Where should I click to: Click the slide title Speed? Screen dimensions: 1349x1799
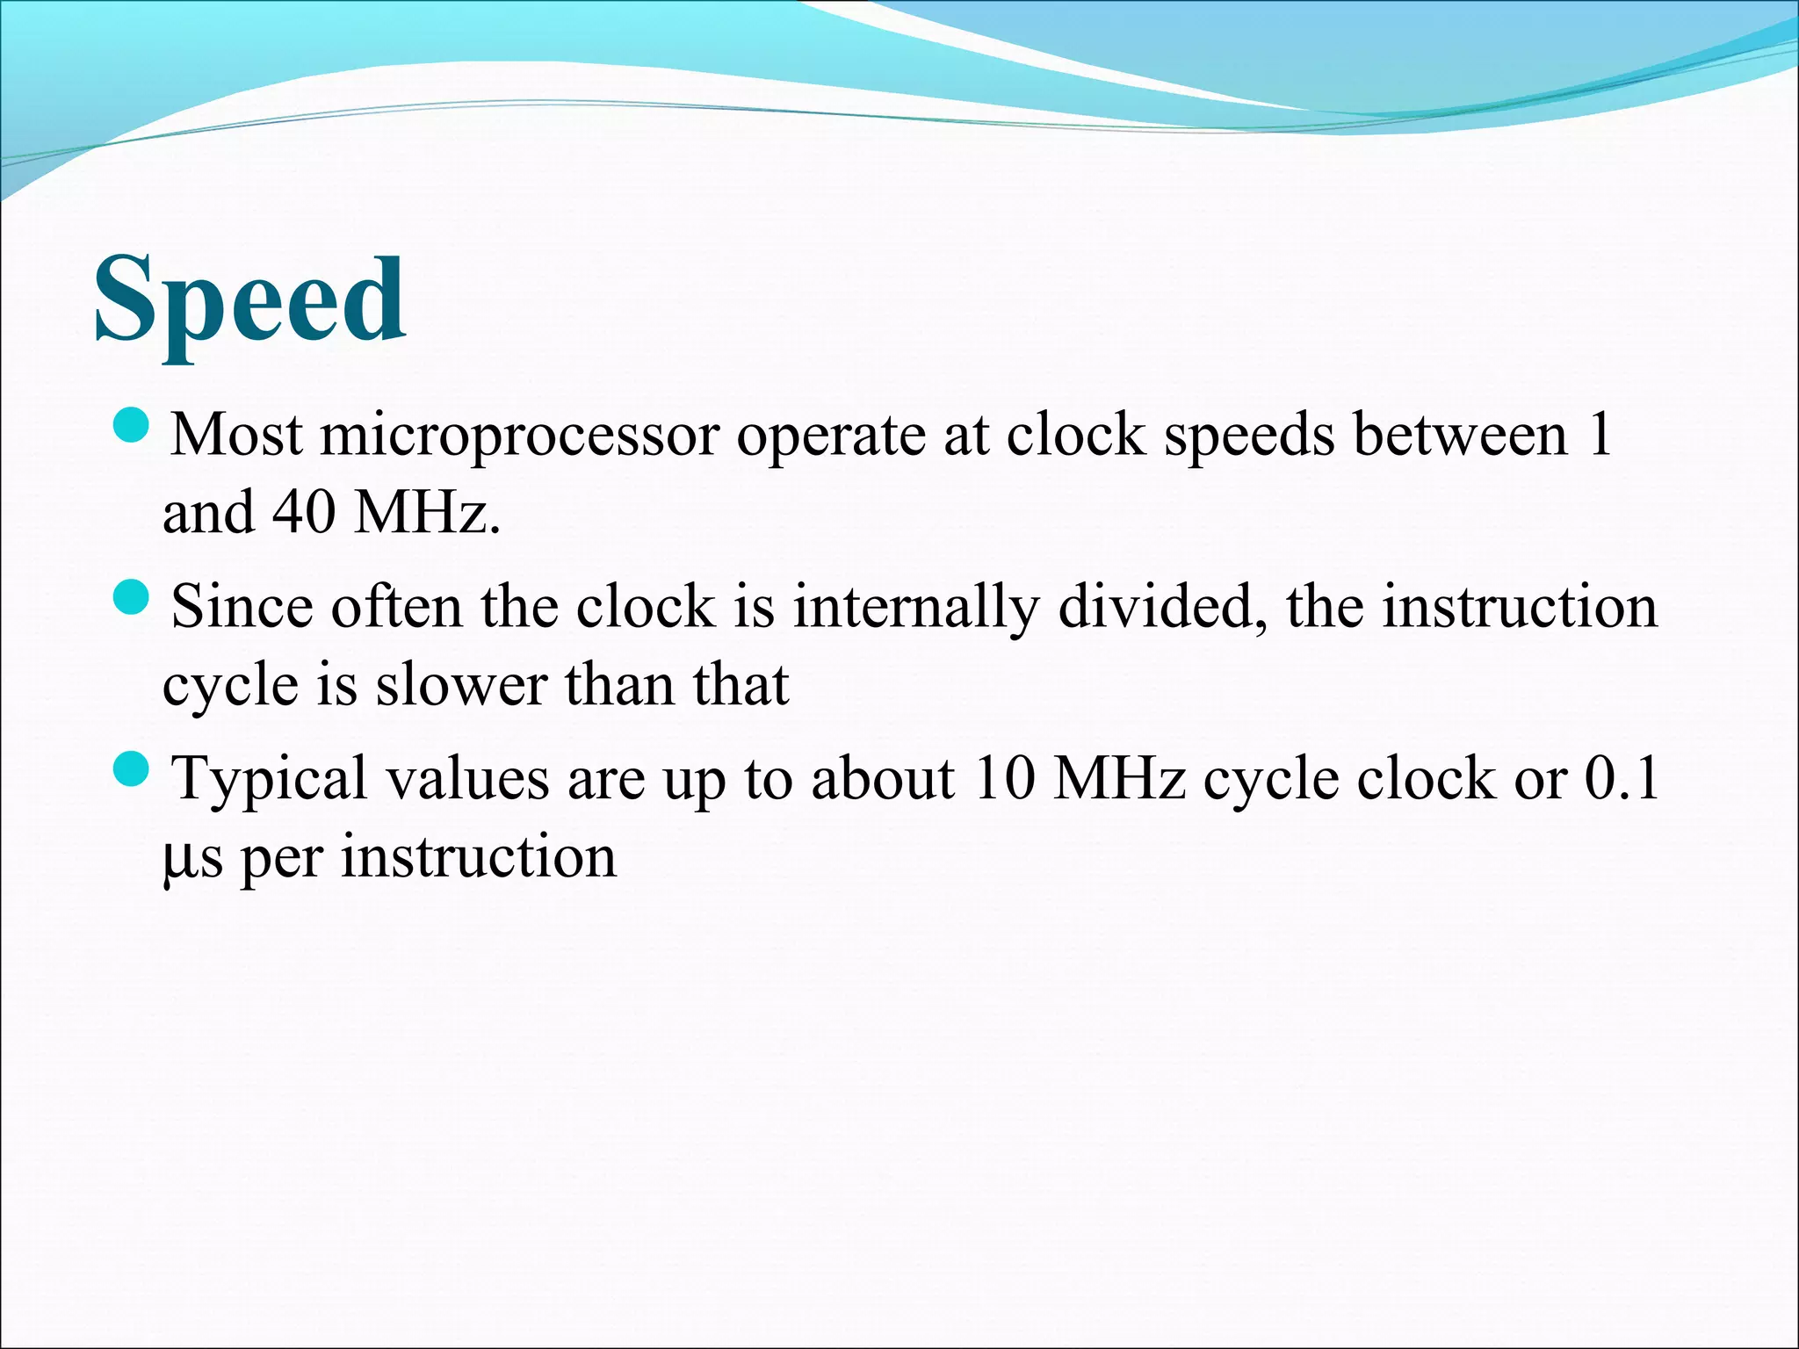(249, 300)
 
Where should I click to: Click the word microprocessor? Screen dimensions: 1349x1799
(519, 436)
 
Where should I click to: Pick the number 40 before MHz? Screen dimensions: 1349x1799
(304, 512)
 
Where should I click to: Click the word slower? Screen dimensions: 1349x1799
(462, 685)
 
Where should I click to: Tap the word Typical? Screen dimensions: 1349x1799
(269, 780)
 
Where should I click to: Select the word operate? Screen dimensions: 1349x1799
(830, 436)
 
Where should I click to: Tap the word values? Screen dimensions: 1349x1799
(466, 778)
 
